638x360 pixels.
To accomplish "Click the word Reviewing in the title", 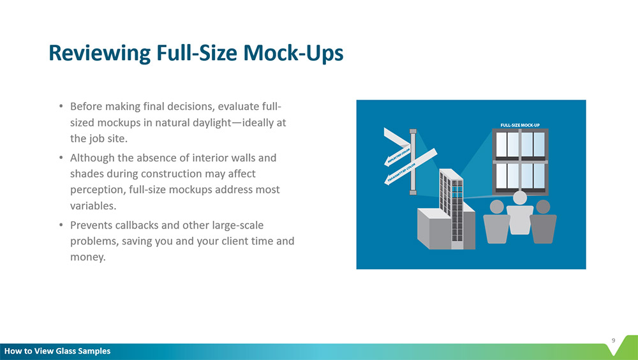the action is (x=100, y=54).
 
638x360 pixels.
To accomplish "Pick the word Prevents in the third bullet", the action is (x=91, y=225).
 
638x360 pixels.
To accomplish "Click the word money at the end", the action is (x=87, y=257).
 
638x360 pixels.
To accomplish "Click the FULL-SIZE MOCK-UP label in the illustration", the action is (x=520, y=125).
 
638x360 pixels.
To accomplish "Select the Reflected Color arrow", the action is (x=397, y=158).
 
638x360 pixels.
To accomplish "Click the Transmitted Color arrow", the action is (x=410, y=167).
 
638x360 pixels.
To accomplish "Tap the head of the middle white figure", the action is (x=519, y=197).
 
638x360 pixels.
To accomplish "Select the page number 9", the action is (x=613, y=340).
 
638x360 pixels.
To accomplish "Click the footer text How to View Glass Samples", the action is (x=57, y=351).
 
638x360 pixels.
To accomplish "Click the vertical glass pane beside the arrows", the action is (x=413, y=161).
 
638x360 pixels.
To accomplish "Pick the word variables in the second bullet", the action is (x=93, y=206).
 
